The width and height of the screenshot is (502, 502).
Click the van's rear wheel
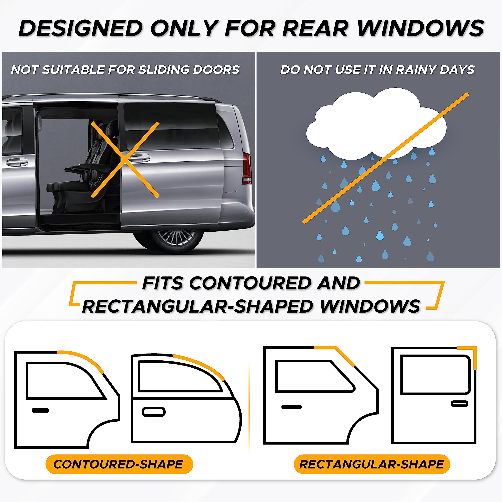[x=177, y=238]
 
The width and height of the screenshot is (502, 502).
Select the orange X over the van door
[x=125, y=159]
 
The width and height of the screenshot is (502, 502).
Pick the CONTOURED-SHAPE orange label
[x=119, y=464]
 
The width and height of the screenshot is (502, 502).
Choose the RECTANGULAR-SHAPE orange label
[x=372, y=464]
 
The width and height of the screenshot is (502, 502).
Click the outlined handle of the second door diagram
[x=154, y=412]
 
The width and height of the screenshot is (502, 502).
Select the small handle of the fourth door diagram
[x=459, y=404]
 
